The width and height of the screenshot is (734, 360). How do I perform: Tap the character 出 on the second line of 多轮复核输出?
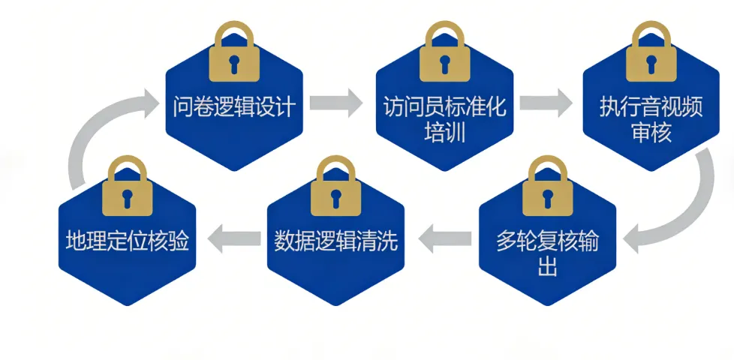(x=547, y=268)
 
